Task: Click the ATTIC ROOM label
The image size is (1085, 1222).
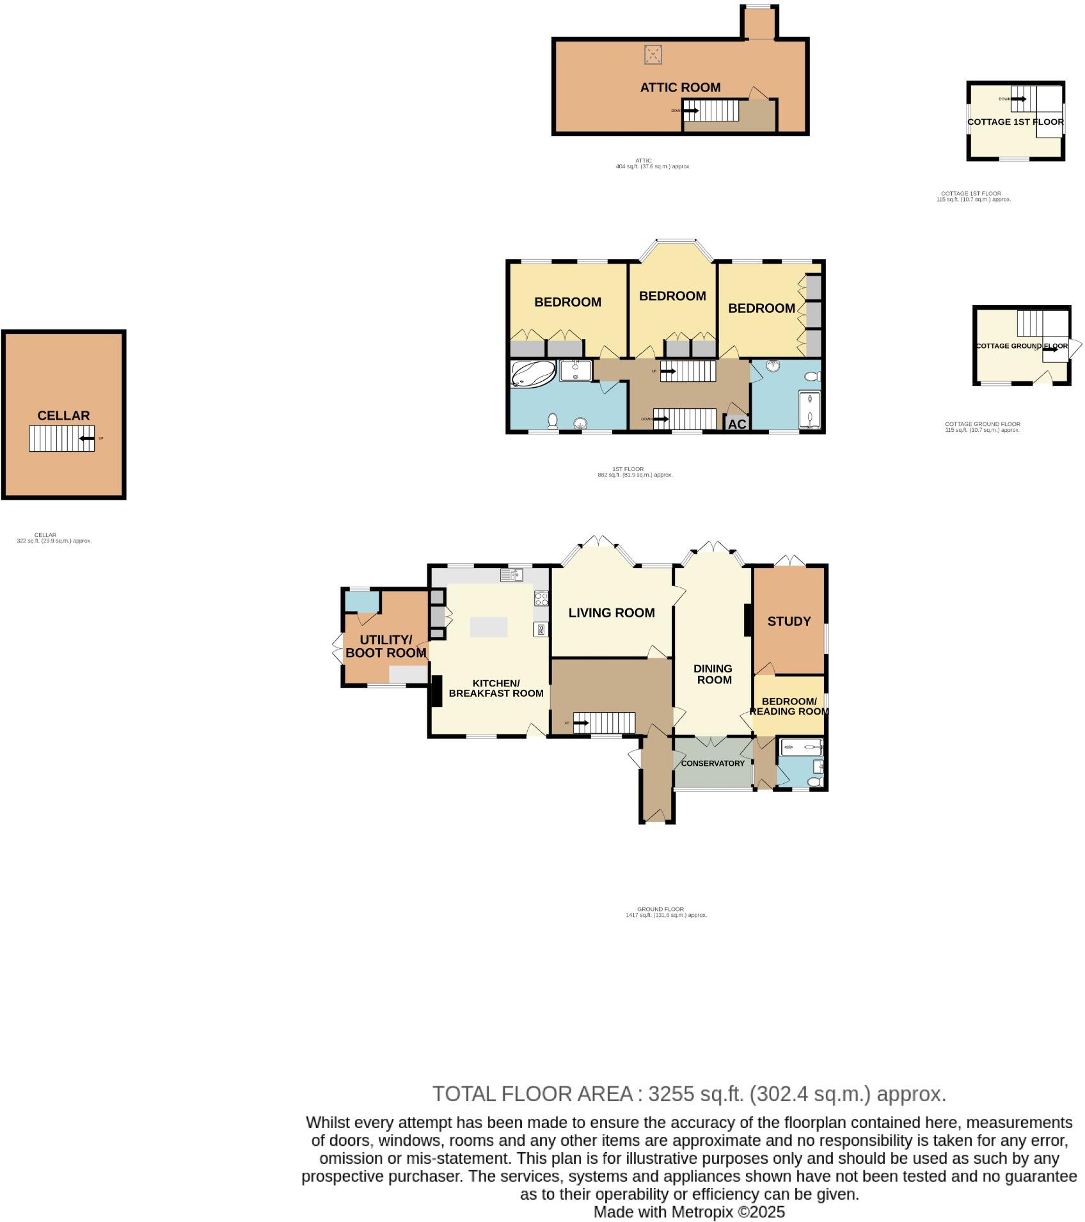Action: [680, 88]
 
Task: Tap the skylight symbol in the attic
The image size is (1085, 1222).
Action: [653, 54]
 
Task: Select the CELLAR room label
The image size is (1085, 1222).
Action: [63, 416]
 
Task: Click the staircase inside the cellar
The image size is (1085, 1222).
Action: [61, 438]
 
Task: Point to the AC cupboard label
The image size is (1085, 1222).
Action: [737, 424]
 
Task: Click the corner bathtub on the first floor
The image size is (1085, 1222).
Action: [532, 374]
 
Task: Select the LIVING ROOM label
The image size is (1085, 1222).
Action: [612, 613]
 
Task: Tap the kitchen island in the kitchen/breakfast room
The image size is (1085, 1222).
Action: [489, 626]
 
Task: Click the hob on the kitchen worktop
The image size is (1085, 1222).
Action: [541, 599]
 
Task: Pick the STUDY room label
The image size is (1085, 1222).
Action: [789, 621]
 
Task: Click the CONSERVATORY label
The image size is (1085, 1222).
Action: [713, 763]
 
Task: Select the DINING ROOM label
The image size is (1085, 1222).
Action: [713, 674]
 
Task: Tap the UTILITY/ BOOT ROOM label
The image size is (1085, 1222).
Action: [386, 646]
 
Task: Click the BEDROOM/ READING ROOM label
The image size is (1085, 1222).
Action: [789, 706]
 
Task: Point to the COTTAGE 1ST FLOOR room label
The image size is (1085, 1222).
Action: [1015, 122]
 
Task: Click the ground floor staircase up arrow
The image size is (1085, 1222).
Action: [580, 723]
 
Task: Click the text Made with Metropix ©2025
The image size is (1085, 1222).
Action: [689, 1212]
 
